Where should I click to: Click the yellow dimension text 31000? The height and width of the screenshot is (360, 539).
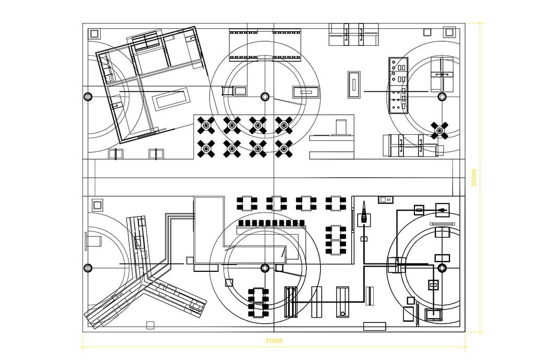point(274,341)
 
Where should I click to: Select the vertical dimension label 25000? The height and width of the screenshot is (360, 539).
point(474,176)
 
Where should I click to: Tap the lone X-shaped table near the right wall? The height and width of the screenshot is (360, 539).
point(439,130)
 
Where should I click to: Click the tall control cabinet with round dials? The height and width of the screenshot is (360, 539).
point(399,85)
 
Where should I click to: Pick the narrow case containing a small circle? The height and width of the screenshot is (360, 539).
point(342,302)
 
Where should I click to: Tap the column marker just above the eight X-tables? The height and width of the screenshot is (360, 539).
point(264,96)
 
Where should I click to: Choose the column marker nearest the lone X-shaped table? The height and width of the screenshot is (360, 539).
point(442,96)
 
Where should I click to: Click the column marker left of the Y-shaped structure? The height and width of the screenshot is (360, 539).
point(88,268)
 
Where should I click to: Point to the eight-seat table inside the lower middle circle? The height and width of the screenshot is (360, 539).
point(258,303)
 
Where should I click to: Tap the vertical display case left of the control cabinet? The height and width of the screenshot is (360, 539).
point(354,84)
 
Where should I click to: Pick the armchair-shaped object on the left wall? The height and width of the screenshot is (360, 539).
point(94,242)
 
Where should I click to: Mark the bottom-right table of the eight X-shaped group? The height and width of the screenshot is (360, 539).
point(284,149)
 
